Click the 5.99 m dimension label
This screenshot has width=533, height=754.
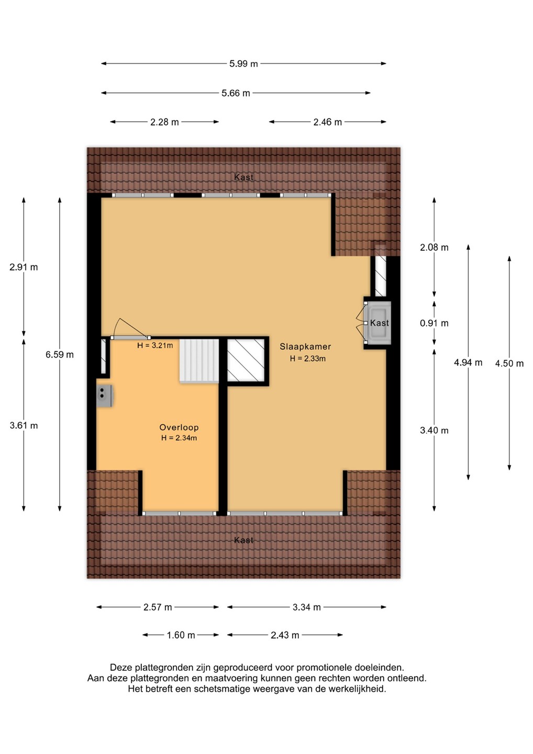[x=243, y=64]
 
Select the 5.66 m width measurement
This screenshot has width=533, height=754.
[x=236, y=93]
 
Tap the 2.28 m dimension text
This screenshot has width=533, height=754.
[x=164, y=122]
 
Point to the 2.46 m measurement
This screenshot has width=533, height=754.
[x=327, y=122]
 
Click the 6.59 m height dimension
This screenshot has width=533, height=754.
[x=60, y=354]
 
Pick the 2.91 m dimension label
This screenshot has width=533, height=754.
[x=24, y=267]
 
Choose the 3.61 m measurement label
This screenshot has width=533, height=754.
[x=24, y=426]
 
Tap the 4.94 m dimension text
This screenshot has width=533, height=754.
[x=468, y=362]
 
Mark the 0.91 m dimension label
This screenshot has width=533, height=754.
[x=434, y=323]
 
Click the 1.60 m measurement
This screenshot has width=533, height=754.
[x=181, y=635]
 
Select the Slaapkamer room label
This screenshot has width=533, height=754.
[x=305, y=347]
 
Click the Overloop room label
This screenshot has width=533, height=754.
[x=179, y=427]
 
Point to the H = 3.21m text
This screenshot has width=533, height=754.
[x=155, y=346]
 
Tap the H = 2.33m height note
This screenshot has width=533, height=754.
[x=307, y=359]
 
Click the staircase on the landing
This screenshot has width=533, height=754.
[x=199, y=361]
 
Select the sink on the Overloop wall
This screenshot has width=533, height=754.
[x=104, y=396]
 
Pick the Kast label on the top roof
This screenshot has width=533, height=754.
[x=243, y=177]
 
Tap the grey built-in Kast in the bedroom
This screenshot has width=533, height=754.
[x=379, y=323]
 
